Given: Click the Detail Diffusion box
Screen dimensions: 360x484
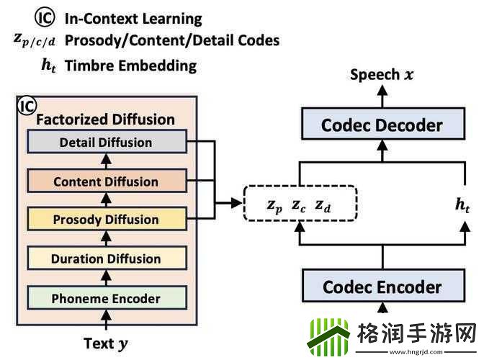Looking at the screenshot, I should (106, 143).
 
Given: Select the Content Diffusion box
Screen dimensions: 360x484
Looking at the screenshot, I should (106, 181).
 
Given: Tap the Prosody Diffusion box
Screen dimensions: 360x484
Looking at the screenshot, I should (106, 220).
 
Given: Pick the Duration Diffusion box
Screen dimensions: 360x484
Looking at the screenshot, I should (106, 258).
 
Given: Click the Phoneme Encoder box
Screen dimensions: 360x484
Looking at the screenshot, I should (106, 297).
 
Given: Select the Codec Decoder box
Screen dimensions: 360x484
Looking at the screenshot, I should (382, 125).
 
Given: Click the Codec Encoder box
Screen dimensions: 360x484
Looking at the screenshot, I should (382, 287).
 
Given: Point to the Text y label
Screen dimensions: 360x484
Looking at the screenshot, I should (109, 343).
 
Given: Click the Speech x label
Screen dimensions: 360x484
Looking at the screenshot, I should (382, 74).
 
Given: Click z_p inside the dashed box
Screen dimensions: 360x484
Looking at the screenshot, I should (274, 206).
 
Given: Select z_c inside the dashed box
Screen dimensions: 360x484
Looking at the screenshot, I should (299, 206).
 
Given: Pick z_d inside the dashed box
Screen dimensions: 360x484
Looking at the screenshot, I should (324, 206).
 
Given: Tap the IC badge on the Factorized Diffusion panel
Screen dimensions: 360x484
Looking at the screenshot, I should (26, 107).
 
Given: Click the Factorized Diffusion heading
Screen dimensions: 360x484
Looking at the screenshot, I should (106, 120).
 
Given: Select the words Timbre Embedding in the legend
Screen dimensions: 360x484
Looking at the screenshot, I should (130, 66).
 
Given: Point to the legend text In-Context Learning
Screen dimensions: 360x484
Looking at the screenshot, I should (133, 19).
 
